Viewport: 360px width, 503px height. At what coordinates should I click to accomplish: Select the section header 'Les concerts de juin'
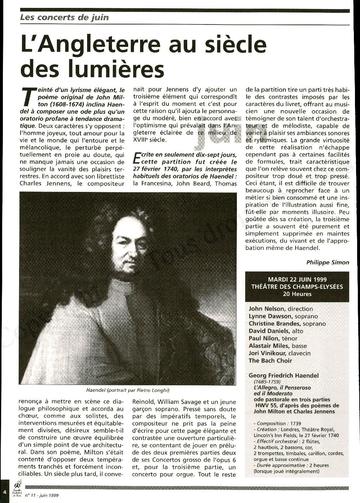point(64,17)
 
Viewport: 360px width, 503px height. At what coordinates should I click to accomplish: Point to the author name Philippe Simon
point(328,262)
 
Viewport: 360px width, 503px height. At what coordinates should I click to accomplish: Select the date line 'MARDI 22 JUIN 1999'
point(297,279)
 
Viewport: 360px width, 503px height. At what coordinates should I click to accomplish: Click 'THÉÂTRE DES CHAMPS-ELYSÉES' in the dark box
point(297,287)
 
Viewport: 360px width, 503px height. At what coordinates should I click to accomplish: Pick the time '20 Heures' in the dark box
point(297,294)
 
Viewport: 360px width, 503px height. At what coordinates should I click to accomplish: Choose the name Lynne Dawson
point(270,316)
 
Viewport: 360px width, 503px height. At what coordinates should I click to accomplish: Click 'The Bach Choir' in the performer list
point(270,361)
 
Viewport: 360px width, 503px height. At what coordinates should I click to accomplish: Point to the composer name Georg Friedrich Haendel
point(284,376)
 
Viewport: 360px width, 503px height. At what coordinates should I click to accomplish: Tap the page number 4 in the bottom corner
point(5,492)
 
